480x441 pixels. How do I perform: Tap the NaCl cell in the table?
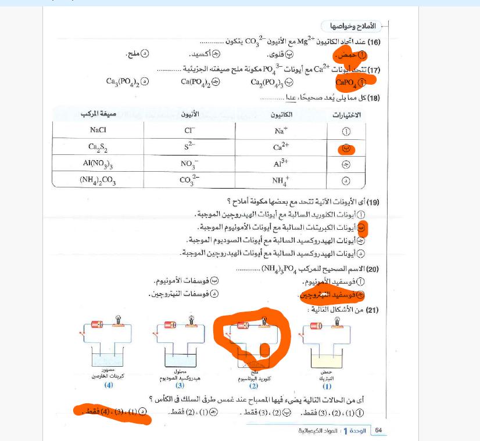[98, 131]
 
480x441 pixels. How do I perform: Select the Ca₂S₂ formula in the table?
[98, 147]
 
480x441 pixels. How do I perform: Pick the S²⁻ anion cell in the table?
[189, 147]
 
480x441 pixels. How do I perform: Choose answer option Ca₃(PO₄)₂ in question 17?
[127, 82]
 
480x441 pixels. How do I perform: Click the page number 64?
[378, 430]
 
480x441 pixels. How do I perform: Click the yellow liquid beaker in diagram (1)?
[326, 360]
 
